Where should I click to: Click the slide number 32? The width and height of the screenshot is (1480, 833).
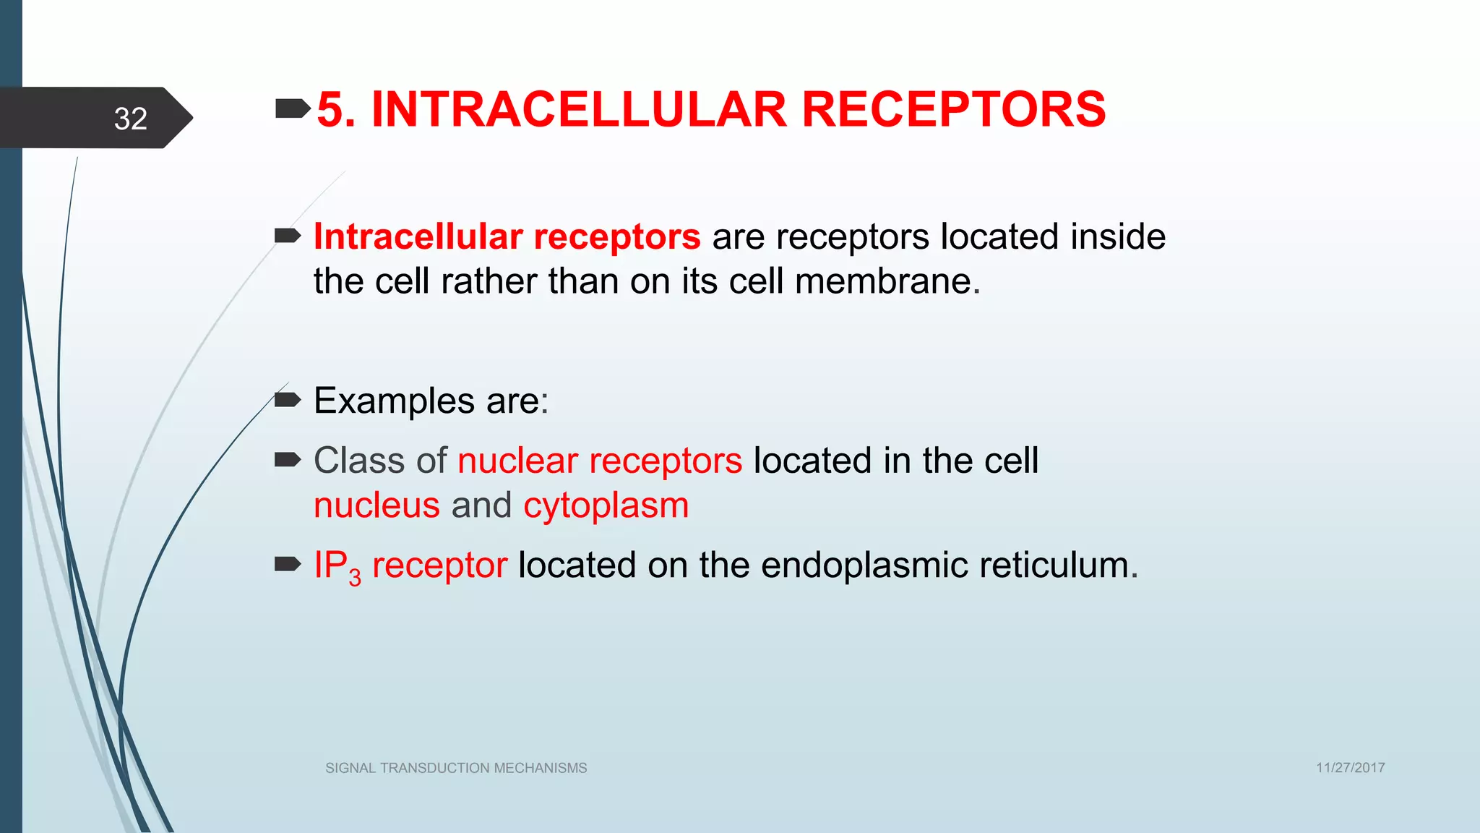click(x=131, y=119)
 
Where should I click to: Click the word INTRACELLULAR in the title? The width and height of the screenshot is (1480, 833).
click(x=578, y=110)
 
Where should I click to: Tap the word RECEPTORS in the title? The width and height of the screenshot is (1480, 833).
click(x=953, y=110)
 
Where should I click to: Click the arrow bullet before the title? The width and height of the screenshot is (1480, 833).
click(x=292, y=109)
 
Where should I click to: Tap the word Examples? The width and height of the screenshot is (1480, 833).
click(x=394, y=401)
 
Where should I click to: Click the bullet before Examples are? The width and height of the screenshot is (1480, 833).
click(x=288, y=399)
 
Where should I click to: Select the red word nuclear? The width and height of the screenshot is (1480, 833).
click(x=517, y=461)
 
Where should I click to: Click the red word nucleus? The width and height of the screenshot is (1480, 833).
click(x=377, y=505)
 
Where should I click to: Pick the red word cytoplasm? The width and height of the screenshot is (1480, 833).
click(x=606, y=506)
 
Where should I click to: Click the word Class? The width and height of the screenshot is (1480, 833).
click(x=358, y=461)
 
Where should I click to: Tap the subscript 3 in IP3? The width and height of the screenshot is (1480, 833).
click(x=355, y=578)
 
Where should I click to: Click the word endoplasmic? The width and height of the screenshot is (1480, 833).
click(x=864, y=565)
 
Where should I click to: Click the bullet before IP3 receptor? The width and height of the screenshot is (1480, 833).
click(x=288, y=563)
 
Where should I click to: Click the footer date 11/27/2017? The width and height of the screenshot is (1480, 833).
click(x=1350, y=768)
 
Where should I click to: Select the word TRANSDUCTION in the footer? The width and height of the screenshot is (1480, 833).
click(x=435, y=768)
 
